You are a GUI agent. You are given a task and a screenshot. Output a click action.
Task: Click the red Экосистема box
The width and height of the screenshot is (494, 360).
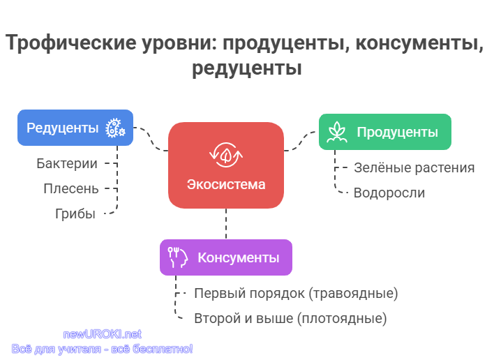tap(226, 165)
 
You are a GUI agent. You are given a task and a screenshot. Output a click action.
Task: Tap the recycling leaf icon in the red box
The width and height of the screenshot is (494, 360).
tap(226, 155)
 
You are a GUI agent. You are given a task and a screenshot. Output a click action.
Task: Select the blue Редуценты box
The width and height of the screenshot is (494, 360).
tap(75, 128)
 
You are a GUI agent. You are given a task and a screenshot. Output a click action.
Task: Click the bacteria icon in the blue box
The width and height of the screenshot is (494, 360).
tap(115, 128)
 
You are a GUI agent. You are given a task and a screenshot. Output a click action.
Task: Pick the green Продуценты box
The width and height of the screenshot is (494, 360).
tap(385, 132)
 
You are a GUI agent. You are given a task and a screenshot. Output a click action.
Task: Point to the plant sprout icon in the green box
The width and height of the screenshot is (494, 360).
tap(337, 132)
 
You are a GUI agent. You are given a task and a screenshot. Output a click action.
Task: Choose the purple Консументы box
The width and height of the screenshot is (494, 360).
tap(226, 257)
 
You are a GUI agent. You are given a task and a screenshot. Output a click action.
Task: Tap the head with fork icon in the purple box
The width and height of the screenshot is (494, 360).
tap(178, 257)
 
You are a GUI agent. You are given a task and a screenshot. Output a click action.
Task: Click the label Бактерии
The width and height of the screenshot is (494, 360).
tap(67, 163)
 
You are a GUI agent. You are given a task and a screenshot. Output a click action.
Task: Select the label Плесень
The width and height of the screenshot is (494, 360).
tap(71, 188)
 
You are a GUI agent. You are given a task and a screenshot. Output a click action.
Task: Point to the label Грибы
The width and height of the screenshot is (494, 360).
tap(75, 214)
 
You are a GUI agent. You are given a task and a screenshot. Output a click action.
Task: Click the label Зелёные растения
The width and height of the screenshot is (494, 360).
tap(414, 167)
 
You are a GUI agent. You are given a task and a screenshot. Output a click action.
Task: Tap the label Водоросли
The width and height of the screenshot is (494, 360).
tap(389, 193)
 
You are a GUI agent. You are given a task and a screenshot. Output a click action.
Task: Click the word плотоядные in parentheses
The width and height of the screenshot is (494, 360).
tap(342, 318)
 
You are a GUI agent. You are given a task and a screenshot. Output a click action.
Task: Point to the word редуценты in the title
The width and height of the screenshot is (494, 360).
tap(247, 68)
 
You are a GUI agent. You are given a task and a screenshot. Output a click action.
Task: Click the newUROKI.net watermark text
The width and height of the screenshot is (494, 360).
tap(103, 334)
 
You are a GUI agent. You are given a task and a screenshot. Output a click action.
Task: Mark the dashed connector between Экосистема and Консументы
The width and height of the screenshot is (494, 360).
tap(226, 224)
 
